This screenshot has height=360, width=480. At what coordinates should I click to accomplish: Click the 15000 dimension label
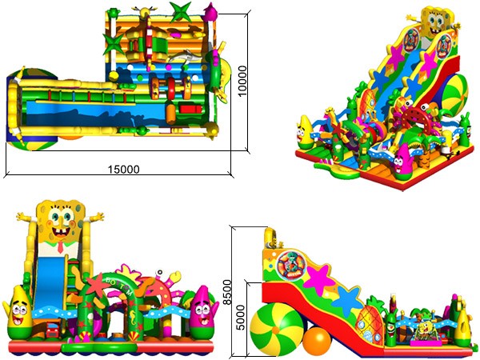tap(124, 170)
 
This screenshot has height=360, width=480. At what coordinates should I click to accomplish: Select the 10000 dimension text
tap(242, 81)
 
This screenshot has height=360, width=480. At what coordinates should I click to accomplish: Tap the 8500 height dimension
tap(227, 292)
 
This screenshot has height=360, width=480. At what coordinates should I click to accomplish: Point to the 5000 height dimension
tap(242, 318)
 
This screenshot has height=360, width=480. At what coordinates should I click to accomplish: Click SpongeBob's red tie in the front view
tap(60, 246)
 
